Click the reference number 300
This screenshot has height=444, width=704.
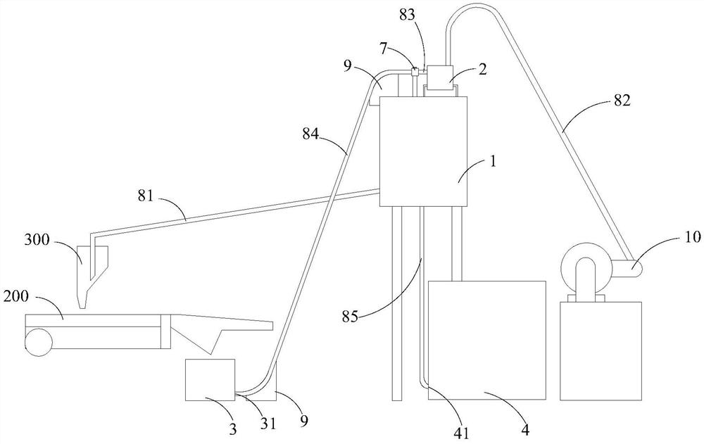click(37, 240)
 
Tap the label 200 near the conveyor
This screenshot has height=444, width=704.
click(16, 296)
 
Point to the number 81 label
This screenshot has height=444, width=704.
click(146, 196)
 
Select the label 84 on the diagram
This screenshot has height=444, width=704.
click(310, 134)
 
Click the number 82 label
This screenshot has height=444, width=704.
click(622, 100)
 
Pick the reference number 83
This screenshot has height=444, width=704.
click(408, 15)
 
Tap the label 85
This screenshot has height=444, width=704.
click(350, 317)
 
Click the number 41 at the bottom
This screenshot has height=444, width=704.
click(462, 433)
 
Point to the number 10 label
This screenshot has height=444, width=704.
click(692, 237)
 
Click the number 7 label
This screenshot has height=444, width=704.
click(382, 49)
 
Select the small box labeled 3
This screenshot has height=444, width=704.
click(210, 379)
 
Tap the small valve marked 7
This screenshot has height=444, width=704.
click(415, 71)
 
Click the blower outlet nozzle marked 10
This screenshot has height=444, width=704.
click(631, 269)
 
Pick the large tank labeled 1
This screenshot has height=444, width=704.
click(423, 151)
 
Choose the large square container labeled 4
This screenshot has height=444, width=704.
click(487, 341)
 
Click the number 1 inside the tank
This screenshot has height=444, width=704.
click(493, 162)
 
